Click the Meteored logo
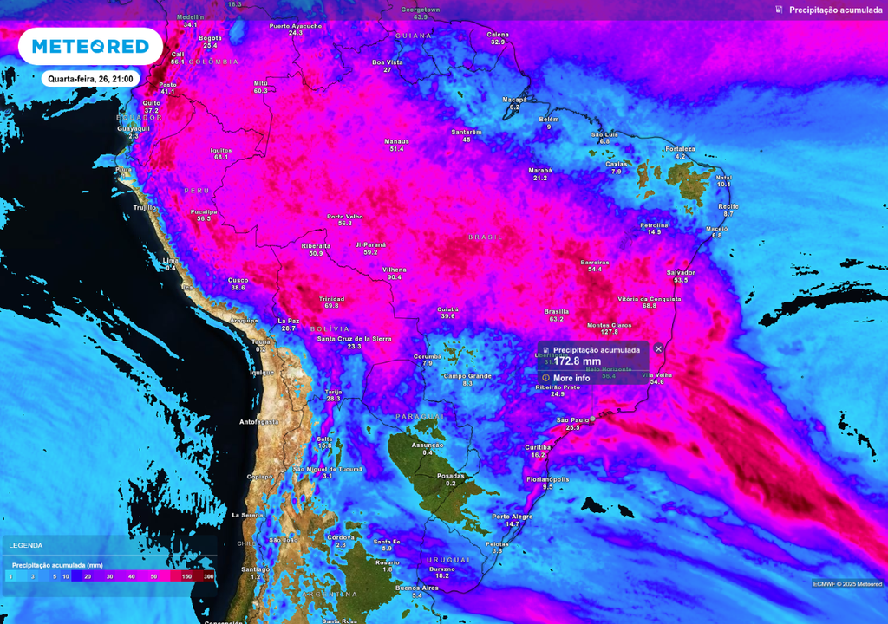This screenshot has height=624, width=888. [x=90, y=46]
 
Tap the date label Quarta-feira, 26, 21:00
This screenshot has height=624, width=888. [x=90, y=79]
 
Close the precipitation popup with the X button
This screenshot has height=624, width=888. [x=658, y=348]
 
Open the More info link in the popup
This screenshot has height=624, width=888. [x=571, y=378]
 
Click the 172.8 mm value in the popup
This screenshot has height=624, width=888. [x=578, y=361]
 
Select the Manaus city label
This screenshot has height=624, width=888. [x=397, y=141]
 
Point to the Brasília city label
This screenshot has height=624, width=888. [x=556, y=311]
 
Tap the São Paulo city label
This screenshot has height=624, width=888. [x=572, y=419]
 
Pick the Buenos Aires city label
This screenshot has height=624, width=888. [x=416, y=588]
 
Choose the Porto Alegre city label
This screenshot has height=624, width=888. [x=513, y=516]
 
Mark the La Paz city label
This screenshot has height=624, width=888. [x=289, y=321]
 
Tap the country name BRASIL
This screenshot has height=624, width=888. [x=485, y=237]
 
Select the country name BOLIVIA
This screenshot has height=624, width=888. [x=330, y=328]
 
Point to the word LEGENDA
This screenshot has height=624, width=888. [x=25, y=545]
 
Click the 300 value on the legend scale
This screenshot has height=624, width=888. [x=208, y=576]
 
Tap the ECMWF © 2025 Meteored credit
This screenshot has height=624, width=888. [x=847, y=583]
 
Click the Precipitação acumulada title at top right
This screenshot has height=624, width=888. [x=835, y=10]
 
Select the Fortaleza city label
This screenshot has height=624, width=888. [x=680, y=149]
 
